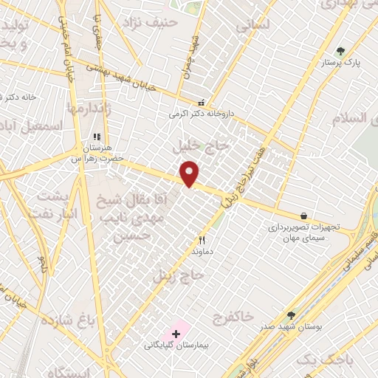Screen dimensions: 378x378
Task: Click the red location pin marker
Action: (x=190, y=173)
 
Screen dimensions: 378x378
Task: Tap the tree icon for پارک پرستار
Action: (x=340, y=51)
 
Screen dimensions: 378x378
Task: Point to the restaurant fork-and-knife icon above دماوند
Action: (x=202, y=240)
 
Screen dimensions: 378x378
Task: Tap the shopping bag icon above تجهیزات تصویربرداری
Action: (x=304, y=216)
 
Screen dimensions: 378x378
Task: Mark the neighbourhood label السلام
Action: (x=351, y=117)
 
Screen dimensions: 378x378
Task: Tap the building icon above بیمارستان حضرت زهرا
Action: (x=97, y=136)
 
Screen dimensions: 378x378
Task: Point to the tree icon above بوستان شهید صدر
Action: (x=292, y=315)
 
